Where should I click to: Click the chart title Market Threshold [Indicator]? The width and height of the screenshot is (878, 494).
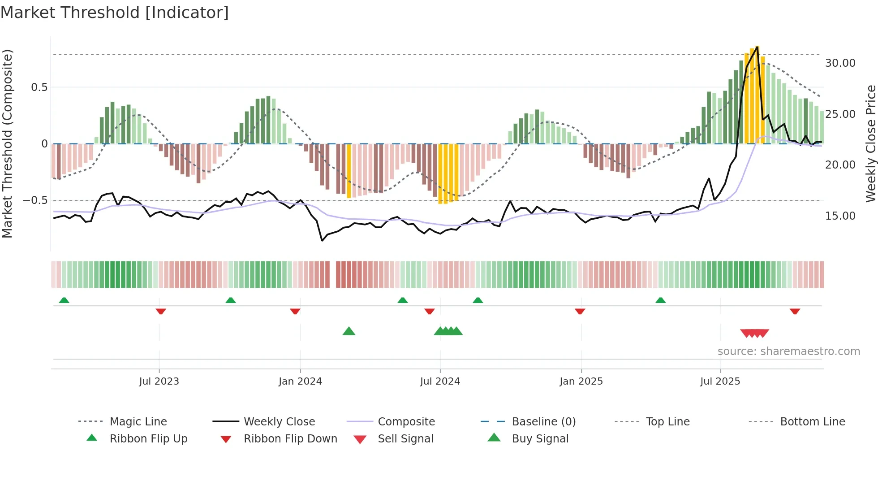[x=115, y=13]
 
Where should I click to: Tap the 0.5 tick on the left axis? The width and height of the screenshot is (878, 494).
[x=39, y=87]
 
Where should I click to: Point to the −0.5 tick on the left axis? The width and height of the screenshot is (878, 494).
[x=35, y=200]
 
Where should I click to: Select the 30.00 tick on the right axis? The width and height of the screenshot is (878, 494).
[x=840, y=63]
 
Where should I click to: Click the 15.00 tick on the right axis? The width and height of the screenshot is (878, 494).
[x=840, y=216]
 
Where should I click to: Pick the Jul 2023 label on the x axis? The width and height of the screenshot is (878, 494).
[x=159, y=381]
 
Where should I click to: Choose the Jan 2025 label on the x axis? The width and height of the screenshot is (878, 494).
[x=581, y=381]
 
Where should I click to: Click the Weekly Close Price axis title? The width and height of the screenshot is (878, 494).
[x=870, y=143]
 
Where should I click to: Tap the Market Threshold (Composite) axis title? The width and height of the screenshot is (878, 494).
[x=7, y=143]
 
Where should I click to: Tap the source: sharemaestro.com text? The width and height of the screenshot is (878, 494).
[x=788, y=351]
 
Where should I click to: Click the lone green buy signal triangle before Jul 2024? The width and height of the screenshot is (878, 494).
[x=349, y=331]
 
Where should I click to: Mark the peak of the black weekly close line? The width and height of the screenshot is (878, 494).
[x=757, y=47]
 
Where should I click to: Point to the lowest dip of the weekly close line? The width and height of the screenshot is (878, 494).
[x=322, y=241]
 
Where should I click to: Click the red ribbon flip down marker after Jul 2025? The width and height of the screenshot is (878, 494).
[x=795, y=312]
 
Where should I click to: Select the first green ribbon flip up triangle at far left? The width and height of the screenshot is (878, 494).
[x=64, y=300]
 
